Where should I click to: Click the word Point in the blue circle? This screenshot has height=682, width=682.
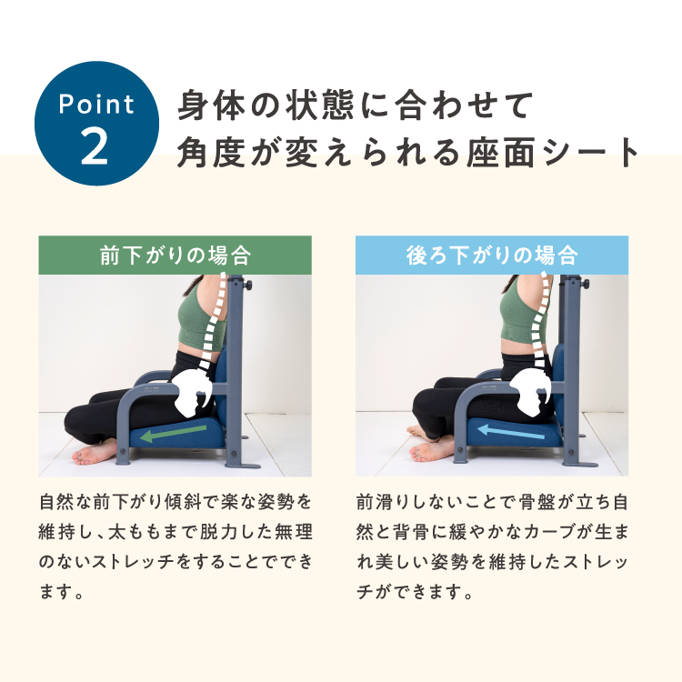click(96, 105)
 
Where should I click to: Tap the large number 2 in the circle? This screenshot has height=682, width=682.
click(95, 147)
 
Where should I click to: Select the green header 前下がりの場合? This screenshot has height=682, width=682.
click(175, 255)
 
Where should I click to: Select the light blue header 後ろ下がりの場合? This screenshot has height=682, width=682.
click(491, 255)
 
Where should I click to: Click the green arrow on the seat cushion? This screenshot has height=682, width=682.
click(173, 434)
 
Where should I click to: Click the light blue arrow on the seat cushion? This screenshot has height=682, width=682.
click(511, 432)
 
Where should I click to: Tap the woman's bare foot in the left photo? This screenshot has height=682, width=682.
click(93, 452)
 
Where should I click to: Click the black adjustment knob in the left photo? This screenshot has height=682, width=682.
click(249, 286)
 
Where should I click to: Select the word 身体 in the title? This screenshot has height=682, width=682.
click(213, 105)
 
